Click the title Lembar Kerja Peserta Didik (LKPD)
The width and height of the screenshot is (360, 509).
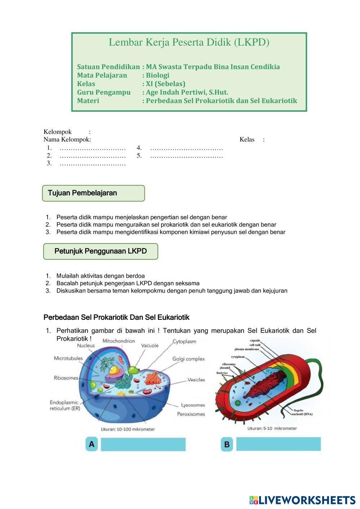pyautogui.click(x=189, y=43)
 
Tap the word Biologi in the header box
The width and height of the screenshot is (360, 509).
pyautogui.click(x=157, y=75)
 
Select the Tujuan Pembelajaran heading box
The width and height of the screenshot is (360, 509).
pyautogui.click(x=94, y=193)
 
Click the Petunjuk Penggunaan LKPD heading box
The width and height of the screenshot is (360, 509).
pyautogui.click(x=101, y=251)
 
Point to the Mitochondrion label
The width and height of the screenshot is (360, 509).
pyautogui.click(x=119, y=341)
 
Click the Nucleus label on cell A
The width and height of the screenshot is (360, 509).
pyautogui.click(x=86, y=345)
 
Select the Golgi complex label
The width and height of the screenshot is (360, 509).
pyautogui.click(x=188, y=359)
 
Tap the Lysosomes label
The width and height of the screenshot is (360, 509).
pyautogui.click(x=193, y=405)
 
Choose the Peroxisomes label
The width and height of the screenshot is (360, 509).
pyautogui.click(x=191, y=414)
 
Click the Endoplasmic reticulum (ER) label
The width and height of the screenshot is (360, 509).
pyautogui.click(x=65, y=405)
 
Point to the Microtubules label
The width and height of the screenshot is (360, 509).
pyautogui.click(x=68, y=358)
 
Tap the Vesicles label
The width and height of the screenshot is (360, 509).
pyautogui.click(x=196, y=380)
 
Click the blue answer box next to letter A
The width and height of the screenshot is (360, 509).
pyautogui.click(x=143, y=444)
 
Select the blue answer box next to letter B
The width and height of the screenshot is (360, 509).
pyautogui.click(x=278, y=444)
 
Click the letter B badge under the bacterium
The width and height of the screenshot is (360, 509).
pyautogui.click(x=227, y=444)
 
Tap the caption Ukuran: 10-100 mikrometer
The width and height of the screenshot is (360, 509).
pyautogui.click(x=128, y=429)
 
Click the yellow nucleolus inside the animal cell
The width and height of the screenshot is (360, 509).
pyautogui.click(x=115, y=370)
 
